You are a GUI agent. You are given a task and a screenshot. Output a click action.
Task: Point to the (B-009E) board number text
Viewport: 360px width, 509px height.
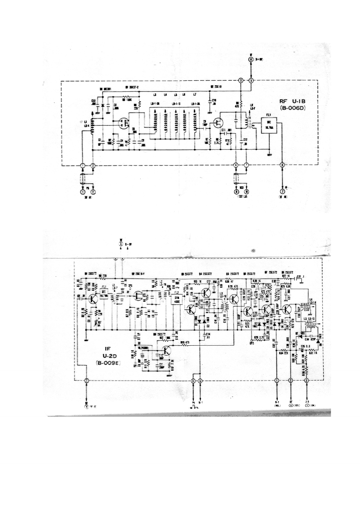108,363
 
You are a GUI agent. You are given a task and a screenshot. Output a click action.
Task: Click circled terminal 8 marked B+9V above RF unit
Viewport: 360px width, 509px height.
251,59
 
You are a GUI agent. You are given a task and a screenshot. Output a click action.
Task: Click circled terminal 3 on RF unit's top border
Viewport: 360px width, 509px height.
241,80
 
